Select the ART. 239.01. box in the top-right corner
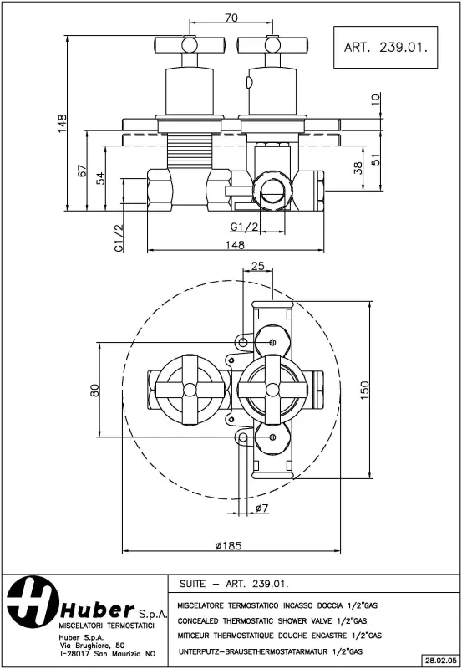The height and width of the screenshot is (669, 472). point(385,48)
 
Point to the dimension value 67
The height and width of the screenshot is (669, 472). point(83,171)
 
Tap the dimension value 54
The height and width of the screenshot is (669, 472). point(101,177)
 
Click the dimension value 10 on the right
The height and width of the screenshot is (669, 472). point(375,99)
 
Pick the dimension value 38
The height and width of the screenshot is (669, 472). point(358,169)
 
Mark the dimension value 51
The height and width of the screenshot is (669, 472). point(375,157)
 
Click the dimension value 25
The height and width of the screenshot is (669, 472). point(257,266)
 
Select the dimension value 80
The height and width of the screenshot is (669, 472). point(94,389)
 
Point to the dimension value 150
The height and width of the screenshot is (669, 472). point(364,390)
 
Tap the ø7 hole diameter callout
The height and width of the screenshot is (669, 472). point(260,508)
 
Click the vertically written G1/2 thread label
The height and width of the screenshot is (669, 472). point(118,238)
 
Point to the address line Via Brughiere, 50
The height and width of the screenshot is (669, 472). point(92,646)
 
